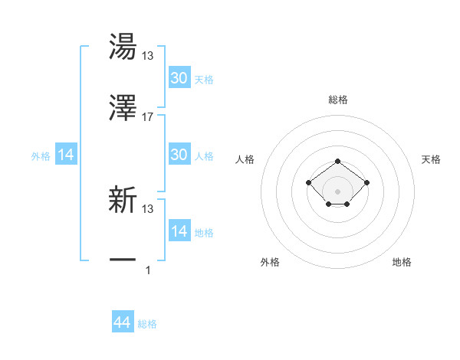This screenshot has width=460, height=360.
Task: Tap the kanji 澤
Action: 123,109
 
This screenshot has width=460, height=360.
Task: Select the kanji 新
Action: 123,201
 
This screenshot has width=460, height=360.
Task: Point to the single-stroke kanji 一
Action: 123,261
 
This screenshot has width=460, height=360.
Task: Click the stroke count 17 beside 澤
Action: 148,117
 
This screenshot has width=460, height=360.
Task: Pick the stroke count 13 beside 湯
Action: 148,56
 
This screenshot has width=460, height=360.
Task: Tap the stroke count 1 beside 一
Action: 148,270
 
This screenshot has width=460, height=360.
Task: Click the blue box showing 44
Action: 122,323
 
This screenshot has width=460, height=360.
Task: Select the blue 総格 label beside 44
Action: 147,325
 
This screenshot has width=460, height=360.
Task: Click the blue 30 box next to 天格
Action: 179,78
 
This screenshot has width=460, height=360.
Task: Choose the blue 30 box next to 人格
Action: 179,155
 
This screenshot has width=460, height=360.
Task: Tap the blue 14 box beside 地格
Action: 179,231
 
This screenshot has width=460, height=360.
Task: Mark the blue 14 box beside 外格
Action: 66,155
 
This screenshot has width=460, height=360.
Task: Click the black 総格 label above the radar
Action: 337,100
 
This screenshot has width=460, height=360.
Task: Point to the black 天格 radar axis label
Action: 431,159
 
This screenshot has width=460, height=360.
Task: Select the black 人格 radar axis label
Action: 245,159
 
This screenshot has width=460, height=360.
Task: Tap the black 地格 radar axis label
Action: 402,262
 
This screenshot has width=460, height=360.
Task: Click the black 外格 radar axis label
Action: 270,262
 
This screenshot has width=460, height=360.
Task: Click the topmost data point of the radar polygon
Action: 337,161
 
